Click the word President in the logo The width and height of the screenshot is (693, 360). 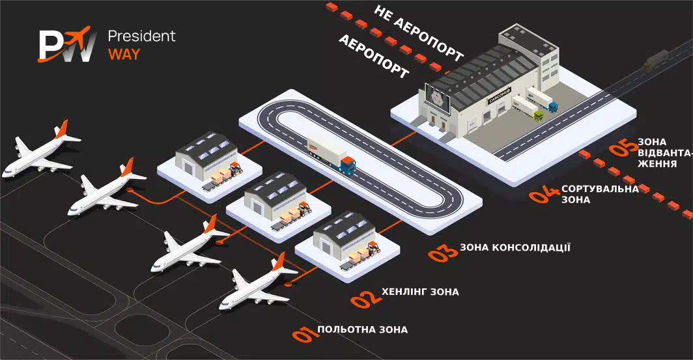(x=141, y=36)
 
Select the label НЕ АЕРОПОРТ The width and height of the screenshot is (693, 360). (x=419, y=34)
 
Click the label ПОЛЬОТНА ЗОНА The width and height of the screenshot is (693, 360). (x=363, y=330)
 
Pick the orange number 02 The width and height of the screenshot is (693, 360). (x=365, y=298)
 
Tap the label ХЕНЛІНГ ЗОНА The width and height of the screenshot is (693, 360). (x=420, y=292)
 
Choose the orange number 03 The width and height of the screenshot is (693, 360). (x=444, y=252)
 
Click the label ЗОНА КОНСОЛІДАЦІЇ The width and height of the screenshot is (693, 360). (x=515, y=247)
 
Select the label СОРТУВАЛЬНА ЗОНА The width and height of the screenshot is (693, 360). (x=600, y=194)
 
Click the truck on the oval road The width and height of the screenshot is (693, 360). (x=332, y=154)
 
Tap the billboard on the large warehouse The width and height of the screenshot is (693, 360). (x=438, y=98)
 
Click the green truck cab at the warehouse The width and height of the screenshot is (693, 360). (x=539, y=115)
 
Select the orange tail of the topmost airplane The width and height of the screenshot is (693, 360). (x=61, y=128)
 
